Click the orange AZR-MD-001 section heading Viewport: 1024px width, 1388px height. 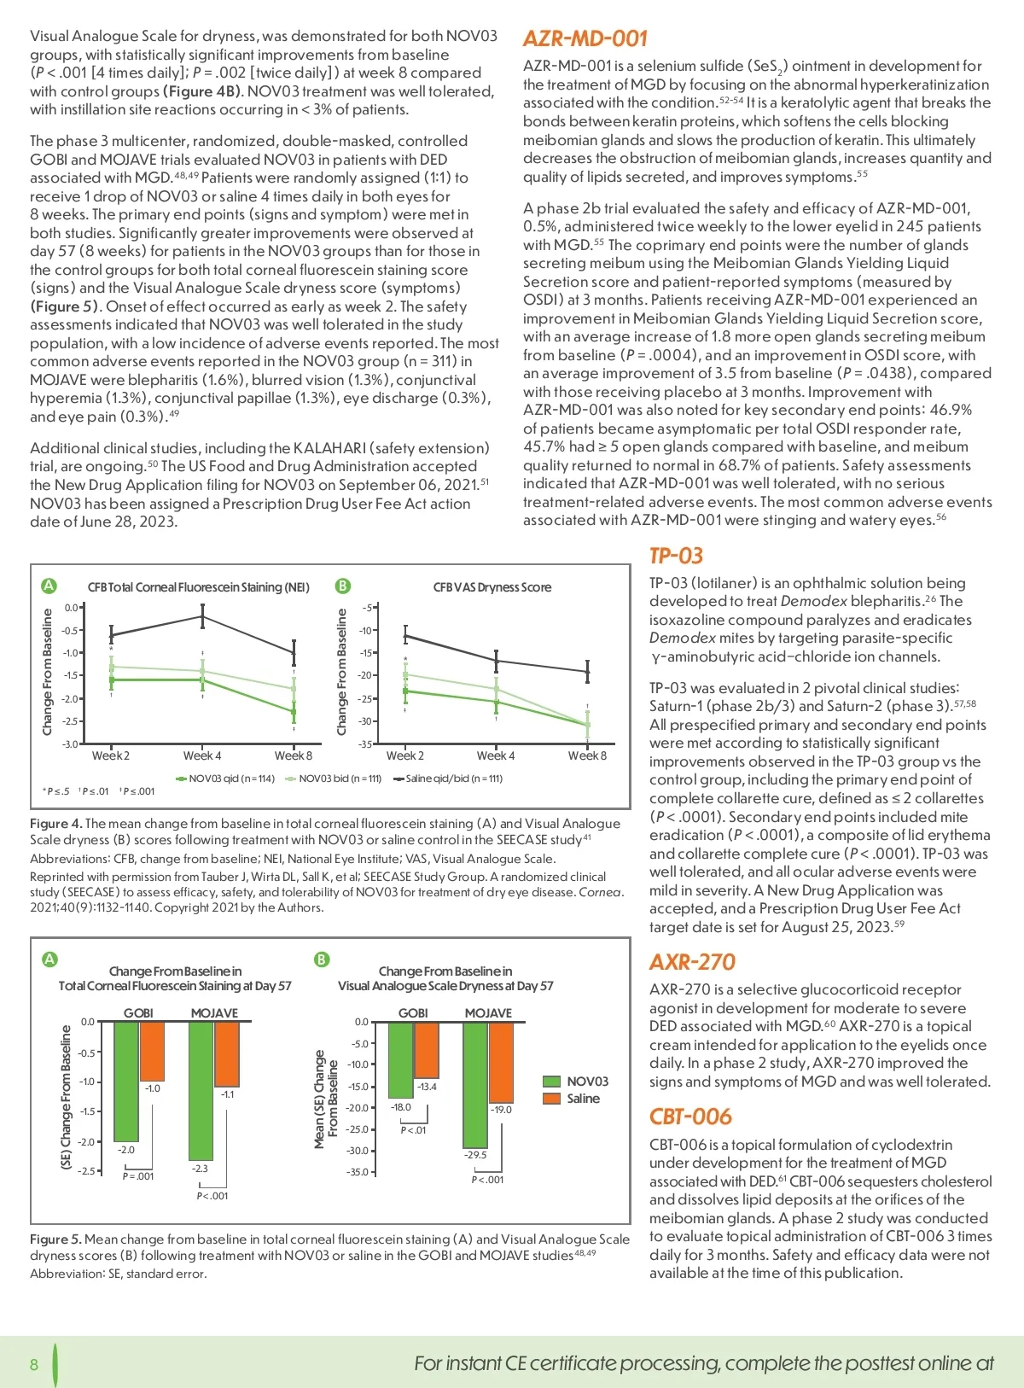(585, 38)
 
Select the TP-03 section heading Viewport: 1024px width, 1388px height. (676, 556)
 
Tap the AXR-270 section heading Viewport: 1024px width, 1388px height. (692, 962)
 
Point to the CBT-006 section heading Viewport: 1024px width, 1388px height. (690, 1117)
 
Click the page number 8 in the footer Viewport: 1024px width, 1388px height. (34, 1364)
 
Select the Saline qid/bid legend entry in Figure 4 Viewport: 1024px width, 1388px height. (448, 779)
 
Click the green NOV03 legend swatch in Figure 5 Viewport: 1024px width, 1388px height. (552, 1082)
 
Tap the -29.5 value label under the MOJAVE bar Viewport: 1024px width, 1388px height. (475, 1155)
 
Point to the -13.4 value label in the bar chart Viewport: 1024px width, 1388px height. (427, 1087)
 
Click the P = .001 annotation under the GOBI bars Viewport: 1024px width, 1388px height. (138, 1176)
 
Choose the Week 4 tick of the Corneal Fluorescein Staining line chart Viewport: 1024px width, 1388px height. (202, 755)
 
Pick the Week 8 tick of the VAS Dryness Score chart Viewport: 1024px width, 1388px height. (587, 755)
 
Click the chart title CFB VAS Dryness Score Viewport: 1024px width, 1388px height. (492, 587)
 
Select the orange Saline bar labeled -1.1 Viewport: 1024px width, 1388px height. (227, 1053)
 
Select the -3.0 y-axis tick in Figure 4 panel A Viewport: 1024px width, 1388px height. (71, 744)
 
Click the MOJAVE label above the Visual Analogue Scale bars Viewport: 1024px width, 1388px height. (488, 1013)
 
